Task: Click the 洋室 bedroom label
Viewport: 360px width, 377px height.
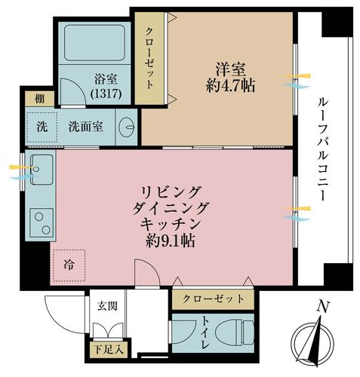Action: click(230, 69)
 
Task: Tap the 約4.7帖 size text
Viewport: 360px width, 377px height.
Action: click(230, 86)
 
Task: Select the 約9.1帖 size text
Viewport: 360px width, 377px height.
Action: click(171, 241)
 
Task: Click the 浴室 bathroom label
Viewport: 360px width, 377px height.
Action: click(106, 78)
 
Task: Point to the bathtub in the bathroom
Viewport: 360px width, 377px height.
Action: click(94, 43)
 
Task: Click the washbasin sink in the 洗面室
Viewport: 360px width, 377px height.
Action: click(127, 127)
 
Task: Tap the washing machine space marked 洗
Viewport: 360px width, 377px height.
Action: click(42, 127)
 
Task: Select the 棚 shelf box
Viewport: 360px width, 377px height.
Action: click(40, 99)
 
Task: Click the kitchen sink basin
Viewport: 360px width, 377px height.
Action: click(42, 170)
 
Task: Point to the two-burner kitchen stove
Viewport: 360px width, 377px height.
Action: click(42, 222)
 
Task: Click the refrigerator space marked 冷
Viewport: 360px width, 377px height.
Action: click(69, 265)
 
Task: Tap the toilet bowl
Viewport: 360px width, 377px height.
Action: click(235, 333)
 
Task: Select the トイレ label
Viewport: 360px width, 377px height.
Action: click(205, 333)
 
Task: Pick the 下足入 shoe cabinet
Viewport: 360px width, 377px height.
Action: click(109, 350)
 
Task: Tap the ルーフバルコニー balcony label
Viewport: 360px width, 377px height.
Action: click(323, 149)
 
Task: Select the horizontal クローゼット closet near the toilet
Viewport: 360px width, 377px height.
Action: click(213, 299)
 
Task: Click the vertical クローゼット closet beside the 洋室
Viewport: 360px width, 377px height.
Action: click(149, 58)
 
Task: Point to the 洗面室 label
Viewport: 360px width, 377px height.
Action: click(86, 127)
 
